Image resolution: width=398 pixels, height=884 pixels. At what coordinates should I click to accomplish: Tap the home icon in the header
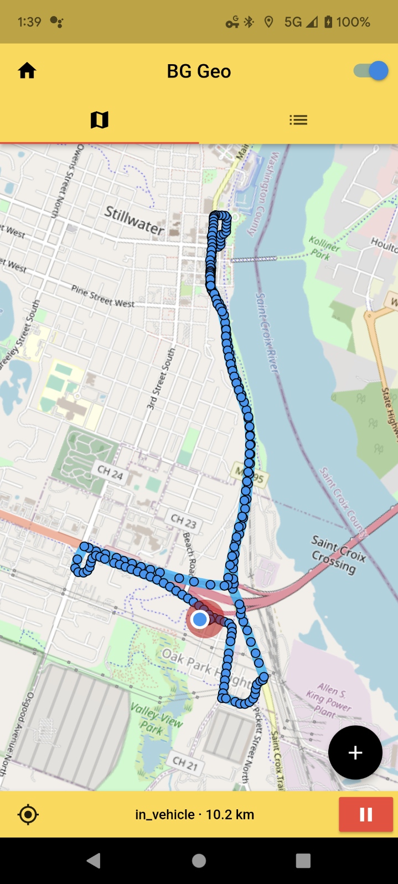(27, 71)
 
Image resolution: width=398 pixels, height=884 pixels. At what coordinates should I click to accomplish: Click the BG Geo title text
(199, 71)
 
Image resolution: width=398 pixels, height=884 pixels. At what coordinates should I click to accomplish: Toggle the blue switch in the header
(371, 71)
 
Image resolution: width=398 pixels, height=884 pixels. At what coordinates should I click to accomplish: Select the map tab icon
(99, 119)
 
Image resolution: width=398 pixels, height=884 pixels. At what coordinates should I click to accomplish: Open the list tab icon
(298, 119)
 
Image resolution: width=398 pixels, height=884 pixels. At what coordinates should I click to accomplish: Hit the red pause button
(366, 814)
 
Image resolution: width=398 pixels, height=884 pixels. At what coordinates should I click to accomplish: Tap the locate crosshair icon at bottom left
(28, 814)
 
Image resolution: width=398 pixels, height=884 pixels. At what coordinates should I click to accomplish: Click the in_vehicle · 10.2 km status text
(194, 814)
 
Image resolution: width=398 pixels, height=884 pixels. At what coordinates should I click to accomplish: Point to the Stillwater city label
(135, 220)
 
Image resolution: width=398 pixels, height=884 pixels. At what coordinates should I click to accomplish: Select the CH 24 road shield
(110, 472)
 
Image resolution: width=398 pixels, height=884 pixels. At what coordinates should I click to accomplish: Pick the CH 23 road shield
(183, 520)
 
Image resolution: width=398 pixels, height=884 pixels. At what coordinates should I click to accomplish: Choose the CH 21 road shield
(184, 764)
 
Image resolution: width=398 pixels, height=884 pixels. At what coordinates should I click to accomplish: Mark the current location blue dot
(200, 619)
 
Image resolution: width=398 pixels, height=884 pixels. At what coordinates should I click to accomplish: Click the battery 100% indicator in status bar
(347, 22)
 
